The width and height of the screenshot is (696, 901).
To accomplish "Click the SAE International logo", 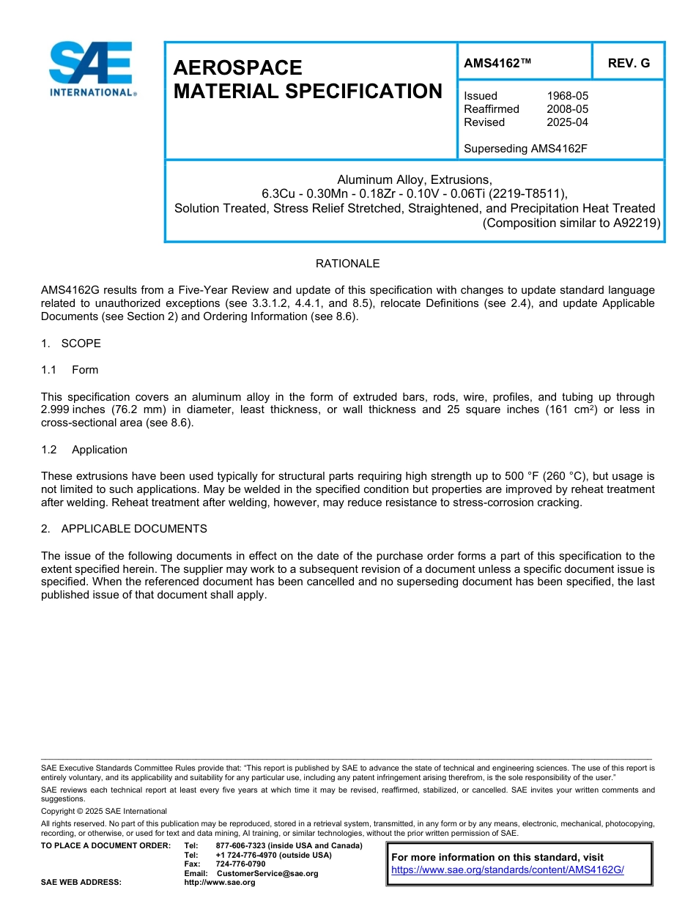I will [x=90, y=69].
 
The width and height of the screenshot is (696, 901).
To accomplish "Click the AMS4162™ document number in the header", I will [x=497, y=64].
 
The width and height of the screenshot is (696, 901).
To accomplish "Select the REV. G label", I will [x=628, y=64].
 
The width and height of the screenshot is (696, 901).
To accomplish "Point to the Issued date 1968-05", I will [x=567, y=96].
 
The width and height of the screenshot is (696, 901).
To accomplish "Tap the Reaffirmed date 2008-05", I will [x=567, y=109].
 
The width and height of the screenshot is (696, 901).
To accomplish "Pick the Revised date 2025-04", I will [x=567, y=122].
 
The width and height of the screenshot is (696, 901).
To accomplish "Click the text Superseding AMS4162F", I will [x=525, y=149].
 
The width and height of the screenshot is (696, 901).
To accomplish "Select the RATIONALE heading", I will [x=347, y=264].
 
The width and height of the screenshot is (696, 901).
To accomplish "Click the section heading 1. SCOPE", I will [x=71, y=344].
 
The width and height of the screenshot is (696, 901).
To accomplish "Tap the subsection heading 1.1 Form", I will [x=70, y=370].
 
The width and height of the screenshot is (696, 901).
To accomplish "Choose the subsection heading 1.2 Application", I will [x=84, y=450].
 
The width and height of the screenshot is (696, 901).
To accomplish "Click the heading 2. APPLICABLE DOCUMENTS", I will [x=124, y=529].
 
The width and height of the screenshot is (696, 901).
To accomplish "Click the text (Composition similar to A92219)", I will [x=571, y=223].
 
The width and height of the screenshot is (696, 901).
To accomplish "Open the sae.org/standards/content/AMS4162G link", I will [x=507, y=870].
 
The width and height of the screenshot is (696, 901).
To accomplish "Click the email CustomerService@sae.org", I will [x=267, y=873].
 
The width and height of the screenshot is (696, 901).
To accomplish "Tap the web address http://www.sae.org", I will [x=220, y=883].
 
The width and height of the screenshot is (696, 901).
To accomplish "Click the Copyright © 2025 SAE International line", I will [x=104, y=812].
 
